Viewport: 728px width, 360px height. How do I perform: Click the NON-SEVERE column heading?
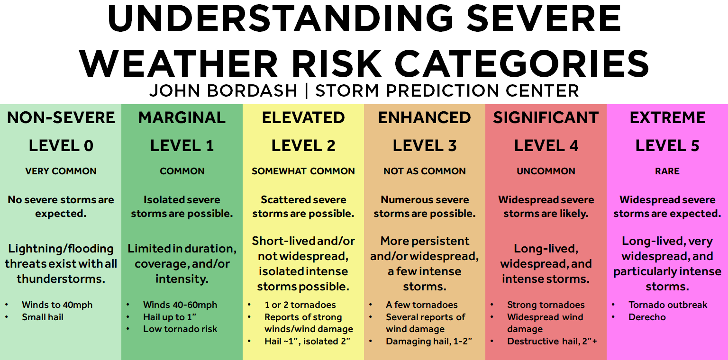click(61, 117)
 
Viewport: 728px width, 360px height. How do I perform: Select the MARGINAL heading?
click(182, 117)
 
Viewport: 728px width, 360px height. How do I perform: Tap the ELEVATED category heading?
click(303, 117)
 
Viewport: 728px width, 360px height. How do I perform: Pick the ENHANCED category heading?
click(425, 117)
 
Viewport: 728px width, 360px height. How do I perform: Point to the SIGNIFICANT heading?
click(546, 117)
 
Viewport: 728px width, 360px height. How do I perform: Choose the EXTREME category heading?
click(667, 117)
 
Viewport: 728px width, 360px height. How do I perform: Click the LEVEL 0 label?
click(61, 145)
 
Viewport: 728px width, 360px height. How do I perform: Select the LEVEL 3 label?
click(425, 145)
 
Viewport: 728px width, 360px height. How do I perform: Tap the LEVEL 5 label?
click(667, 145)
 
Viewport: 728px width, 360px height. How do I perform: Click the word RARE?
click(667, 171)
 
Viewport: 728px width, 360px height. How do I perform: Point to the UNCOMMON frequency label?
click(546, 171)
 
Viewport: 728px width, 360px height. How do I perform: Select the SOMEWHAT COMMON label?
click(303, 171)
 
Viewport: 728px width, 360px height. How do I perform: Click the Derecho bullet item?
click(647, 317)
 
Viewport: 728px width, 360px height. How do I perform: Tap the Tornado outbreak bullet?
click(668, 305)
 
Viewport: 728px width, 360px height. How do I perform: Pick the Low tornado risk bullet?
click(180, 329)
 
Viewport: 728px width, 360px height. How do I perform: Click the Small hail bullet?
click(43, 317)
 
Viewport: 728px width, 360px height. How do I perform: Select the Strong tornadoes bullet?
click(546, 305)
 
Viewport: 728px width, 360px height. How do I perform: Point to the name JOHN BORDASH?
click(223, 90)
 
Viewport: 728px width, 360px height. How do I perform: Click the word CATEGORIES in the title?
click(522, 63)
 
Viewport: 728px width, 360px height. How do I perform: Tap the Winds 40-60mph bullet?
click(180, 305)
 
